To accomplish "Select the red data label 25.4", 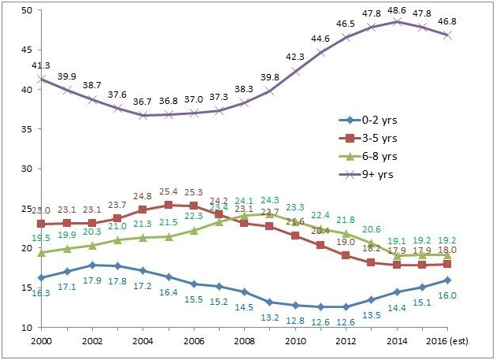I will [168, 191].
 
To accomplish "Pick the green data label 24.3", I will [268, 200].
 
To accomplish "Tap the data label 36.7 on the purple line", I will [142, 102].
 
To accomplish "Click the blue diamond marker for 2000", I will [40, 277].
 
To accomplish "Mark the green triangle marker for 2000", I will [40, 252].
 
